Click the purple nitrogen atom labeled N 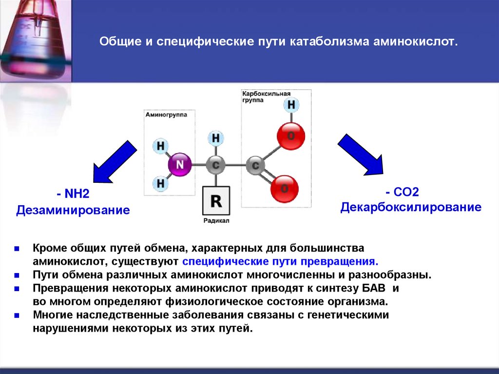(x=180, y=165)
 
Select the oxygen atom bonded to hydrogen (x=291, y=136)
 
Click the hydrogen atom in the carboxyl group (x=291, y=105)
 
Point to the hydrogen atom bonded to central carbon (x=216, y=138)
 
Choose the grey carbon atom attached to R (x=216, y=165)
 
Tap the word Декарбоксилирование (x=411, y=207)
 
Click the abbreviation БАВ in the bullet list (x=379, y=288)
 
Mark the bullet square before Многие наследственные (x=17, y=315)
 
